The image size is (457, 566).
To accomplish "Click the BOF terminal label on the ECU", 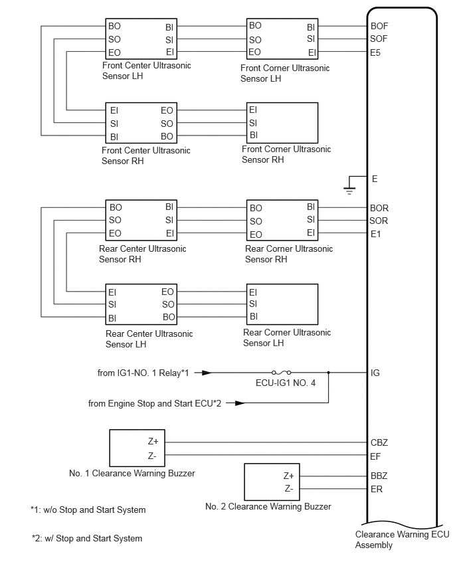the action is [x=379, y=26].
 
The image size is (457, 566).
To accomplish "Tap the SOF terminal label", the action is [x=379, y=39].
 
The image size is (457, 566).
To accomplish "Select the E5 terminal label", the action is [x=375, y=52].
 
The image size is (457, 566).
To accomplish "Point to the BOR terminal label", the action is [x=379, y=209].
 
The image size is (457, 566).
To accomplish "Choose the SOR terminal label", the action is [x=379, y=221].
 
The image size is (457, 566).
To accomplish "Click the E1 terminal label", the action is [x=375, y=235].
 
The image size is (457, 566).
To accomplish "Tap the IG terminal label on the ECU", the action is [x=375, y=373].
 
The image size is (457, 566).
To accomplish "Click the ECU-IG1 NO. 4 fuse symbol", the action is [x=282, y=373].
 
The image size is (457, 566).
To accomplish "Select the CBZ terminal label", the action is [x=379, y=442].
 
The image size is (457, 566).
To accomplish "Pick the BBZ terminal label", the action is [x=379, y=476].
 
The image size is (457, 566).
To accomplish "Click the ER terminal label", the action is [x=377, y=489].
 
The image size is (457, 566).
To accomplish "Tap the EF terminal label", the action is [x=375, y=456].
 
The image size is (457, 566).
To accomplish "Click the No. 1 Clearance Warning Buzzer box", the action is [x=137, y=448].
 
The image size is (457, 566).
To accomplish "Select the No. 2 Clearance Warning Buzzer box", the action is [x=272, y=482].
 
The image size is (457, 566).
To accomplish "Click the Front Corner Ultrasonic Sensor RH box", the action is [x=282, y=123].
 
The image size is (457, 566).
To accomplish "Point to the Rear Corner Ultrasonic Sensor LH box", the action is [x=282, y=304].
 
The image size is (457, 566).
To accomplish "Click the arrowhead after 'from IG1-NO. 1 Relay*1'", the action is [x=207, y=373].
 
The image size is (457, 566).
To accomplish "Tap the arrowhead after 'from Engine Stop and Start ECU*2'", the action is [x=240, y=403].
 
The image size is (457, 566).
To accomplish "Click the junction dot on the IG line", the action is [x=329, y=373].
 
